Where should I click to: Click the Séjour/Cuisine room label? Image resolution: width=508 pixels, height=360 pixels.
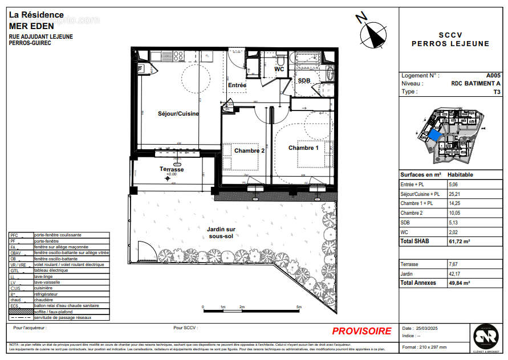point(178,113)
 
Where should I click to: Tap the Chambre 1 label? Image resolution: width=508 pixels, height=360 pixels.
point(303,148)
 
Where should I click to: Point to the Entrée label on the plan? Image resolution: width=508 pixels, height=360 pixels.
point(237,85)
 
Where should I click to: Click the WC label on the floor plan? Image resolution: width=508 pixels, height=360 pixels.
point(279,69)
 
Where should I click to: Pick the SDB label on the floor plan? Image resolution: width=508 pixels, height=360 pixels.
point(304,81)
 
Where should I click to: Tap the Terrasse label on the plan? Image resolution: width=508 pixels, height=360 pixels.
point(172,169)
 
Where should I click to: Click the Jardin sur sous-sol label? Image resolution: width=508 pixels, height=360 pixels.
point(222,232)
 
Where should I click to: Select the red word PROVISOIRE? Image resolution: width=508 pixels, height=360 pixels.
point(361,331)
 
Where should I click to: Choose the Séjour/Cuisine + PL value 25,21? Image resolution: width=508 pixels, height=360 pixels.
point(455,194)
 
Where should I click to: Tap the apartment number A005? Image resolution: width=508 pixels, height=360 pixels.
point(493,75)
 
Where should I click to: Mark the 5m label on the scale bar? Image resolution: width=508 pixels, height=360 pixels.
point(299,307)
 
